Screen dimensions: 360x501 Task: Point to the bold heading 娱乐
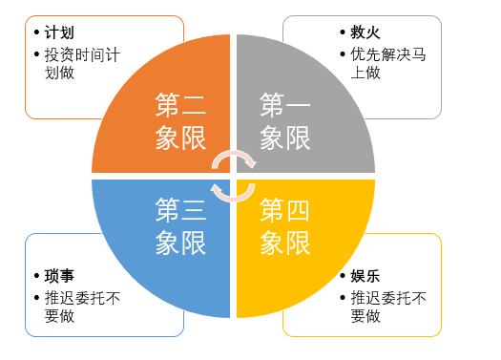(x=352, y=277)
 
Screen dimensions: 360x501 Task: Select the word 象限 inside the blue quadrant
(x=181, y=243)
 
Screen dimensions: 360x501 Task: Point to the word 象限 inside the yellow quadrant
(x=285, y=243)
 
